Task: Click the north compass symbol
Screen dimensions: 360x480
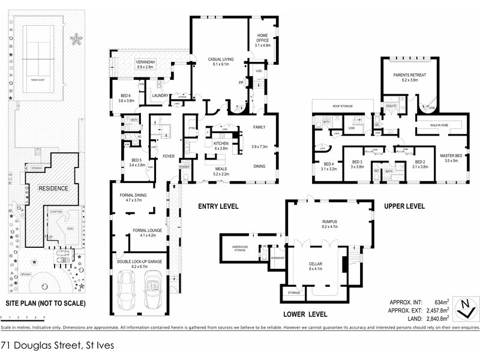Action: pyautogui.click(x=466, y=308)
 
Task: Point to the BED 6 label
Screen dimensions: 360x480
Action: pyautogui.click(x=126, y=98)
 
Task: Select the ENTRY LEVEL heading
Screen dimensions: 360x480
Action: pyautogui.click(x=218, y=206)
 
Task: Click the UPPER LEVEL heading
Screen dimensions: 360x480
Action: pyautogui.click(x=404, y=206)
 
